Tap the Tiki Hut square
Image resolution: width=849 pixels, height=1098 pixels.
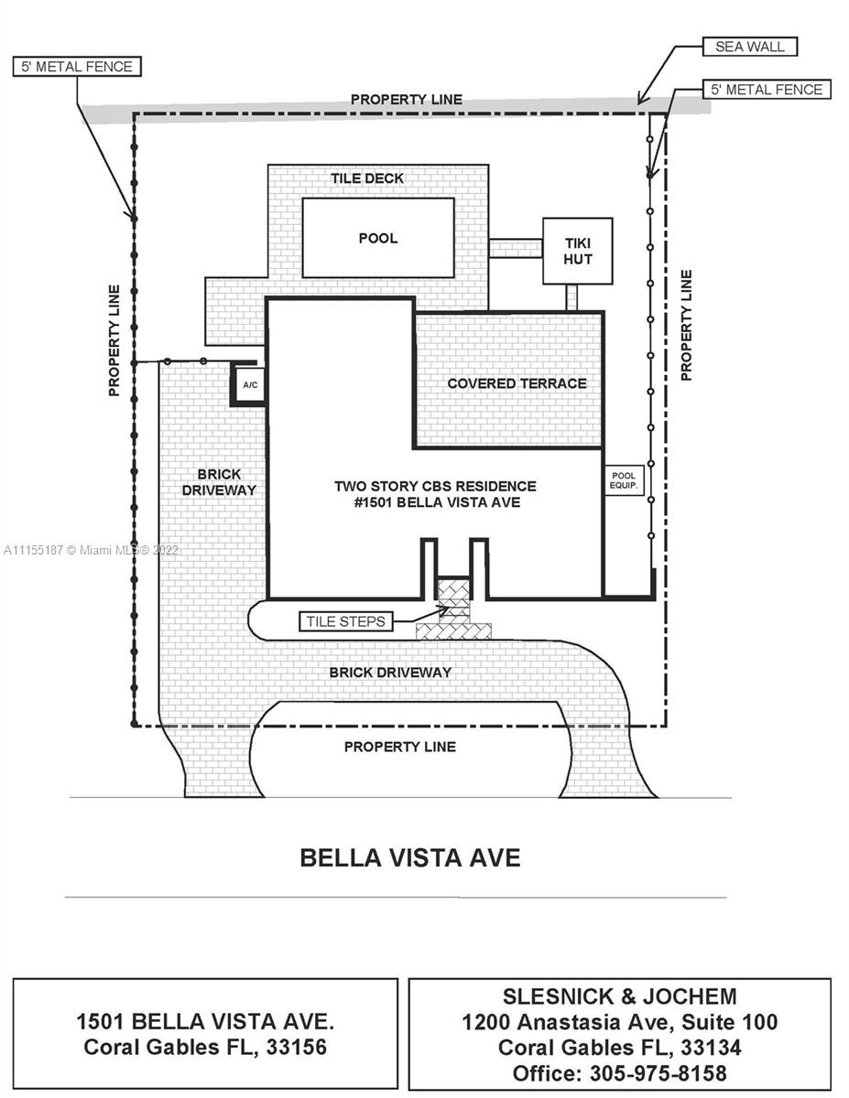577,251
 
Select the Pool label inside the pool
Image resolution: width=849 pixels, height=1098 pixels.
378,238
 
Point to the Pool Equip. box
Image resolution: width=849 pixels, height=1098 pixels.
626,480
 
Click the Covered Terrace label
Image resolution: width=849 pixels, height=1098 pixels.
517,383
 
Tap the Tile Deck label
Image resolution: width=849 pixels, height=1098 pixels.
367,178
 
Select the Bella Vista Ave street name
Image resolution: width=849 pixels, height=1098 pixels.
410,858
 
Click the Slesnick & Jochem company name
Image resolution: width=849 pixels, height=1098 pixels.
619,996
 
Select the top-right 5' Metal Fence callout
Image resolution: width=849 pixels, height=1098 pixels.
767,90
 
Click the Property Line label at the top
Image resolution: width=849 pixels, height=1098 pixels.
407,99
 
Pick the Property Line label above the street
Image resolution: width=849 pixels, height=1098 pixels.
399,747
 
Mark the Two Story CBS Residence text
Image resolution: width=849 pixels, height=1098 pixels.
435,486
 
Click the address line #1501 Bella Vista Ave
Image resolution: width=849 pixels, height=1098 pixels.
435,502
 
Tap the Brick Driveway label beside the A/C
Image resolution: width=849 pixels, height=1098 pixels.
219,482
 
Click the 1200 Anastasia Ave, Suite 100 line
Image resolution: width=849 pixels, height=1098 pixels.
619,1022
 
